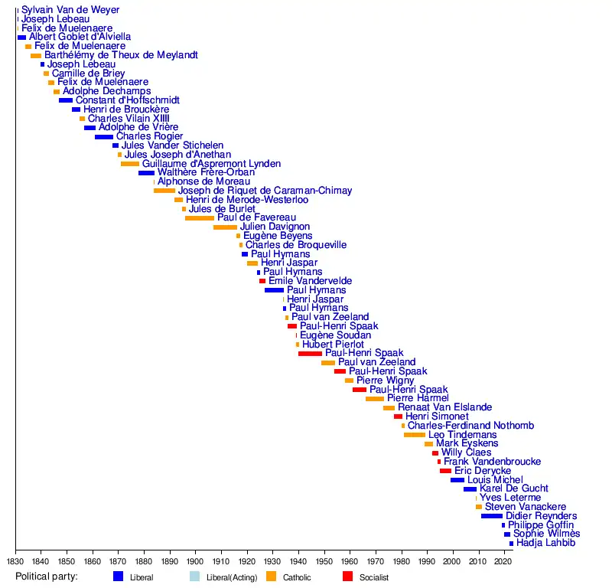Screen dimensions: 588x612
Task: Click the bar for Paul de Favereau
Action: [x=200, y=218]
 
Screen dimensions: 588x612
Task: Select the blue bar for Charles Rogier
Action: [x=104, y=136]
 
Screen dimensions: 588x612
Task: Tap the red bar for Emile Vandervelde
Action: [x=262, y=281]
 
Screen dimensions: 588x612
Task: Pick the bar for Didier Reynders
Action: [x=492, y=516]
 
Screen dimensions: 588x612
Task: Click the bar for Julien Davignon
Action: [x=225, y=227]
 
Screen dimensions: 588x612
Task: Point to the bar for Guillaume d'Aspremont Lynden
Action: [x=130, y=164]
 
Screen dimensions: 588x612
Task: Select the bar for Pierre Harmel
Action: [x=375, y=399]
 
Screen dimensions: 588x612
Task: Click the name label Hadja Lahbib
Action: [x=545, y=544]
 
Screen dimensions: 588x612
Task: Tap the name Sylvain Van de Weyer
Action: [x=70, y=10]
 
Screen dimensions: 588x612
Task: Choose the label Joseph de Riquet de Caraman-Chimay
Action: [x=265, y=191]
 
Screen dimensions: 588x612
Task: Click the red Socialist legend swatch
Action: [x=348, y=577]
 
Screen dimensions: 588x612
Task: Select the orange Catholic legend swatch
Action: [x=272, y=577]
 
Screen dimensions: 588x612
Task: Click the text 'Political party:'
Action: [x=47, y=577]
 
